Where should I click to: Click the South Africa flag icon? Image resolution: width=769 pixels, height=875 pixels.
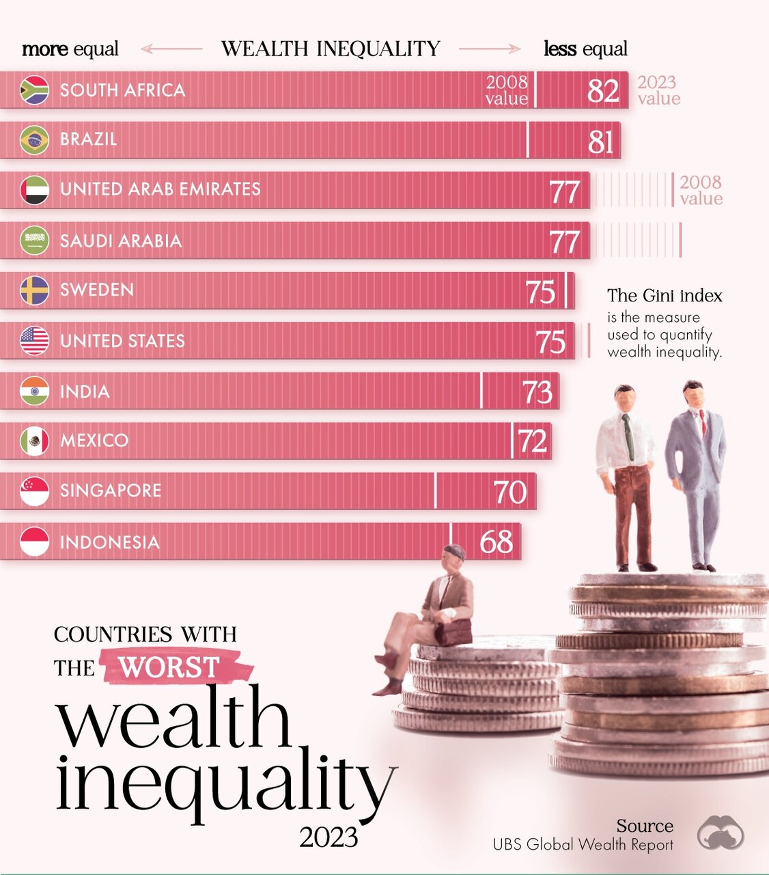coord(34,90)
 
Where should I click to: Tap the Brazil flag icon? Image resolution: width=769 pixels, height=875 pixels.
coord(34,140)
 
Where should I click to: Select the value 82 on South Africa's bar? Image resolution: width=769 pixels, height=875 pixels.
coord(603,91)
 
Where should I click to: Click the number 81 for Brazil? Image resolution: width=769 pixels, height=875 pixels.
coord(601,142)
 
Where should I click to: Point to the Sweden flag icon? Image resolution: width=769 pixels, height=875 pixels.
coord(34,291)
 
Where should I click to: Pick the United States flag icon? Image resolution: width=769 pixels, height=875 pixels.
coord(34,341)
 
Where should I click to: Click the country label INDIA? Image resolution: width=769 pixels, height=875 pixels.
coord(85,392)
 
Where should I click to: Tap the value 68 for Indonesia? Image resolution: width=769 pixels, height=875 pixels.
coord(497,542)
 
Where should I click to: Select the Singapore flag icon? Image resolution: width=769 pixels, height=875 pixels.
coord(34,492)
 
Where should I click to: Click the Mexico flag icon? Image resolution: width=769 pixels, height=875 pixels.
coord(34,441)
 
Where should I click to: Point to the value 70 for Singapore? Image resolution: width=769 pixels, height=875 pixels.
coord(510,492)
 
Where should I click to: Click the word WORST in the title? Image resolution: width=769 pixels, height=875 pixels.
coord(169,667)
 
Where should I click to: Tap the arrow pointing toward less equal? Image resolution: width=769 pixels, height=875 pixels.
coord(489,49)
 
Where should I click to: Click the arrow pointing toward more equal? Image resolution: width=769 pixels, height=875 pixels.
coord(171,49)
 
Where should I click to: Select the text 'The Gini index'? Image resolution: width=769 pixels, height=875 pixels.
coord(665,295)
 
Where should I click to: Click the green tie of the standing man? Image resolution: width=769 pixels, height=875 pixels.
coord(628,437)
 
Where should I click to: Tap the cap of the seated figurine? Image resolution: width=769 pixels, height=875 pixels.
coord(455,551)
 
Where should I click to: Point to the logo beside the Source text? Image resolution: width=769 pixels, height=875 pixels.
coord(721,833)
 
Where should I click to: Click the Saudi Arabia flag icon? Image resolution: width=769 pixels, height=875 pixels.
coord(34,241)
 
